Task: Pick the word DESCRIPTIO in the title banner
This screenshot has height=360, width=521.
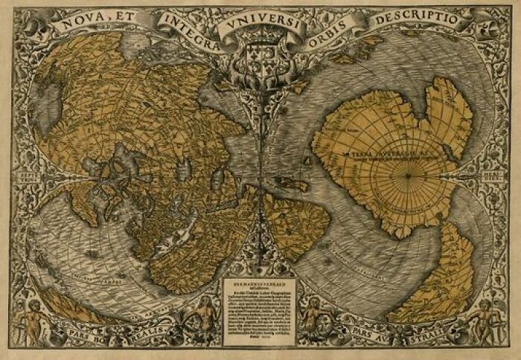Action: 420,18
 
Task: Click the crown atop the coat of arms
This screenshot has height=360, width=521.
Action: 260,42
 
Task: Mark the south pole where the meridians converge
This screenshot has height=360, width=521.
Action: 408,176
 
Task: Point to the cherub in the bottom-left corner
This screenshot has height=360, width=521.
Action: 33,320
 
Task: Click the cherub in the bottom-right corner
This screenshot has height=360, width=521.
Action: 488,318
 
